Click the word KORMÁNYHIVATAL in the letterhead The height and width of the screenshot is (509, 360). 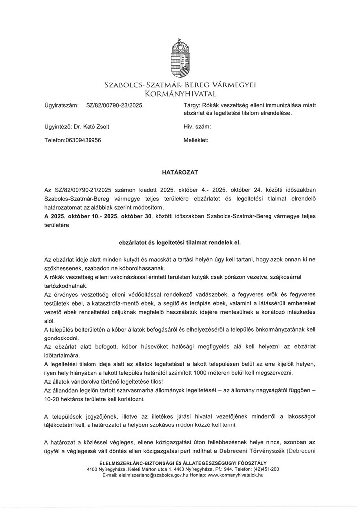click(180, 93)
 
